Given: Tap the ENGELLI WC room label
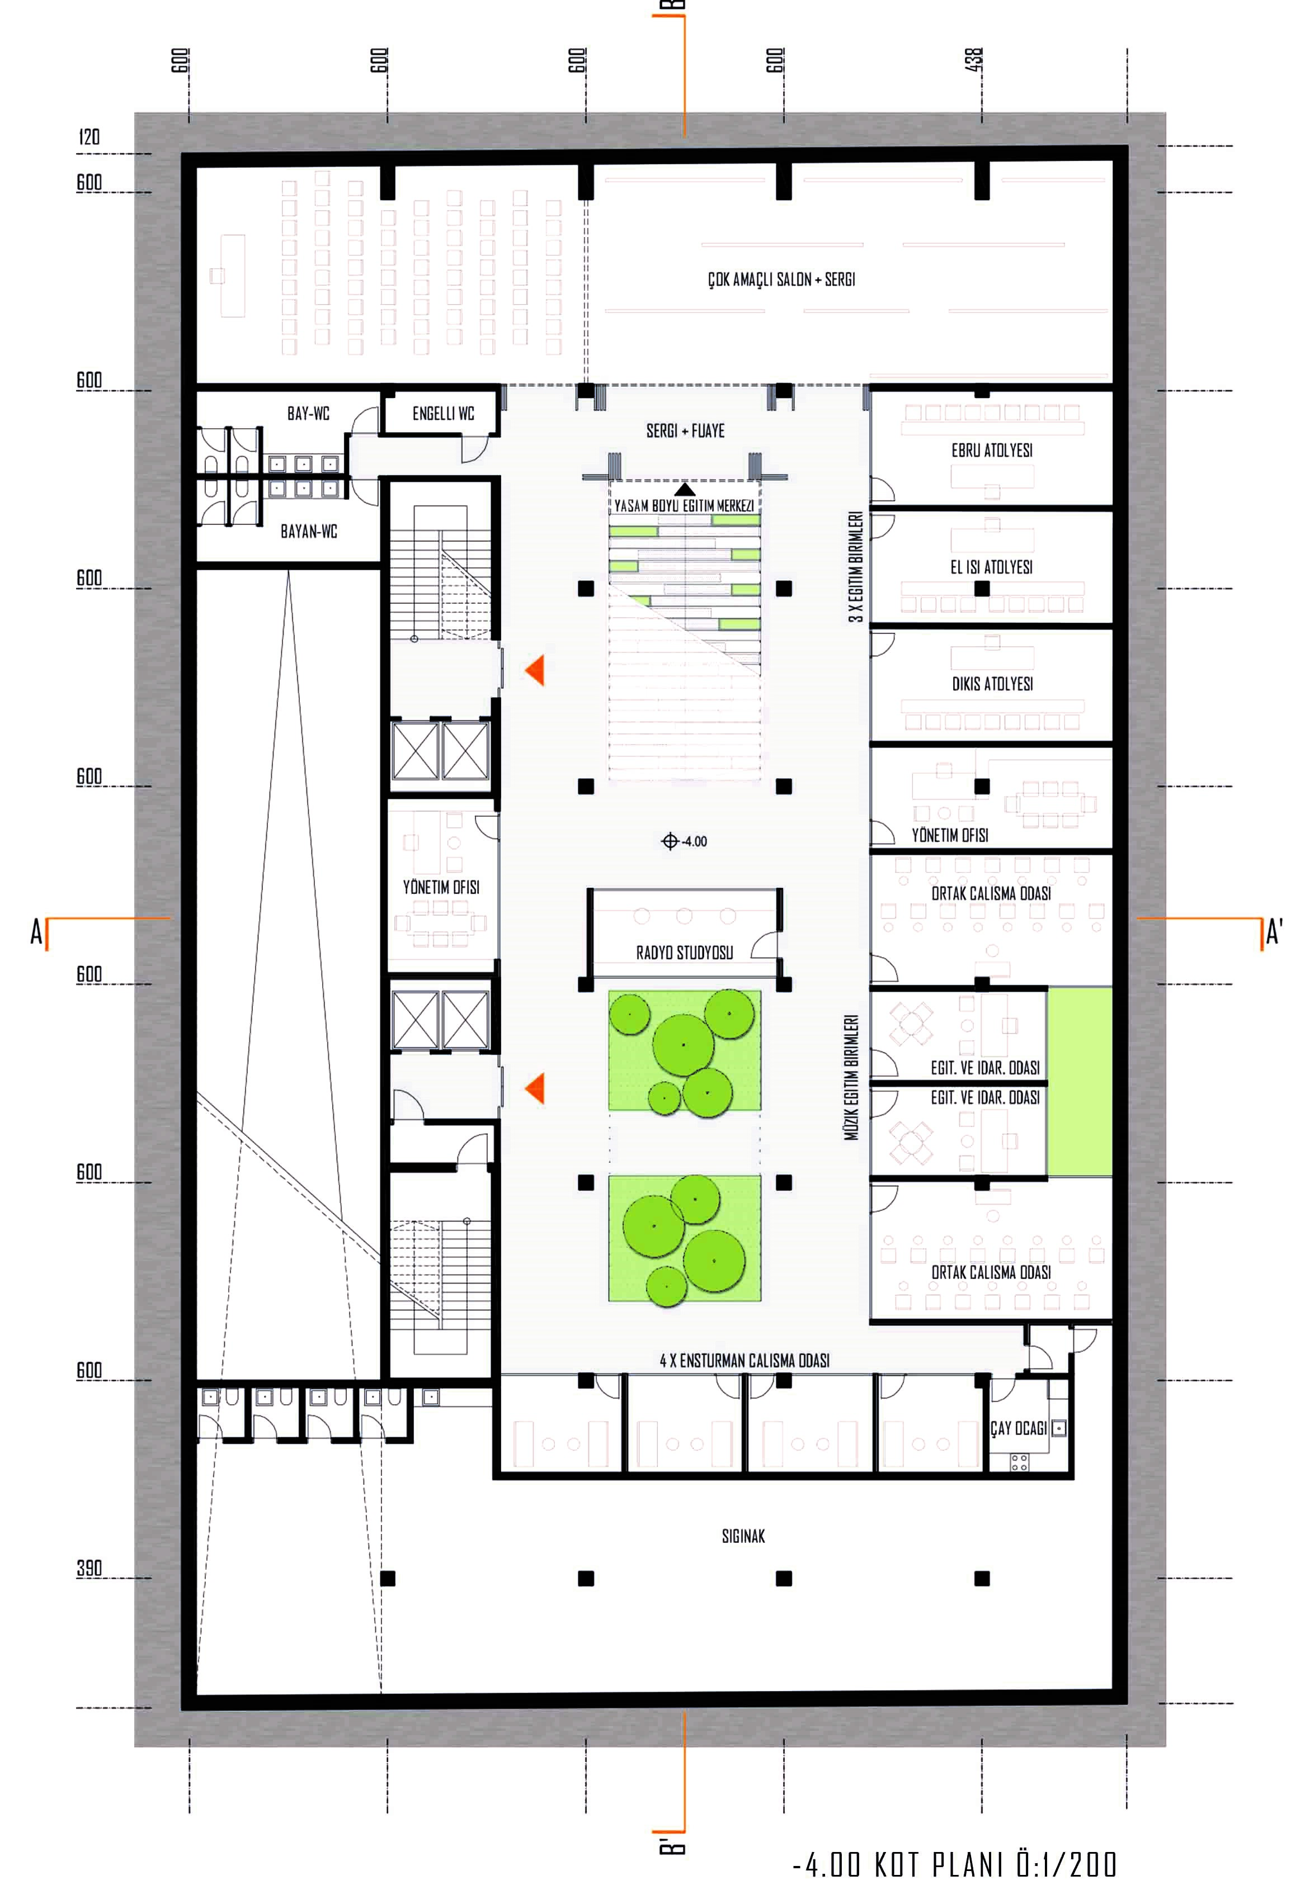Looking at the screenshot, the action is tap(442, 414).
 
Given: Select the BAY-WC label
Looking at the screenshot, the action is tap(308, 414).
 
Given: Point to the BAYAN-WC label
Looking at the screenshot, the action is tap(308, 532).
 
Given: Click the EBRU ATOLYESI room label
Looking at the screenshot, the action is tap(991, 451).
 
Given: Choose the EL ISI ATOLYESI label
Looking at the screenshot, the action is tap(991, 567).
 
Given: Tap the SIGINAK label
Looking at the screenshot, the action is tap(743, 1536).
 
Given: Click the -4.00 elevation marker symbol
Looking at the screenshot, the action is tap(670, 841).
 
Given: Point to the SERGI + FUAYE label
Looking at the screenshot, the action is tap(685, 431).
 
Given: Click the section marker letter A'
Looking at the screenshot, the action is tap(1274, 932).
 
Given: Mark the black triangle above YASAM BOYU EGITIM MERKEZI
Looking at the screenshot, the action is tap(685, 489).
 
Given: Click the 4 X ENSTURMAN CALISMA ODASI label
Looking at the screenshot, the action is tap(745, 1361).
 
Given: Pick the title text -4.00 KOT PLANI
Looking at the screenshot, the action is tap(899, 1865).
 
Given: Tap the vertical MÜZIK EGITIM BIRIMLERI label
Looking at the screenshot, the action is tap(852, 1077).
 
